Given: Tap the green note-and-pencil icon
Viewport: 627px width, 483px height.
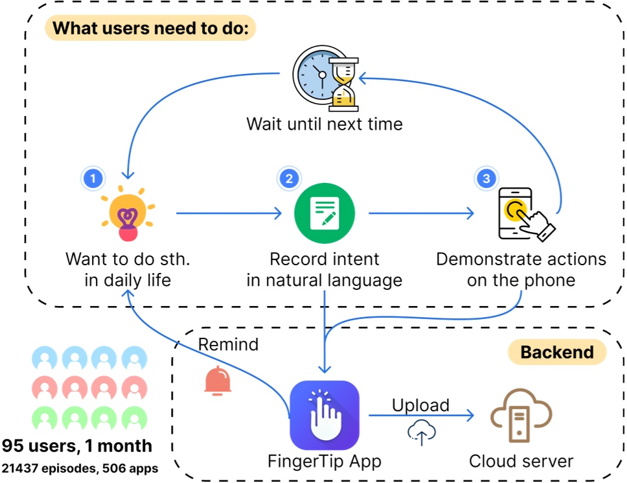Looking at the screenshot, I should point(325,212).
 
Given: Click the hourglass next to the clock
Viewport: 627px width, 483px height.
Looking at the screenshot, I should point(343,84).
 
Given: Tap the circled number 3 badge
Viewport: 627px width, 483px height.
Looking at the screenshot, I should point(484,177).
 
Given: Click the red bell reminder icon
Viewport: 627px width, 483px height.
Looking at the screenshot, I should point(218,382).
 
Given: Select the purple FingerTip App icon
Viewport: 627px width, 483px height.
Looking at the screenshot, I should point(324,415).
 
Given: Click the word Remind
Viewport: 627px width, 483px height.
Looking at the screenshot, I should point(228,344).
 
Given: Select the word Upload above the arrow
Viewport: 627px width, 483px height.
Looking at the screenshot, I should point(420,405).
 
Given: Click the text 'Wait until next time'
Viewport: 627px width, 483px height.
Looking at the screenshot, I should point(324,123).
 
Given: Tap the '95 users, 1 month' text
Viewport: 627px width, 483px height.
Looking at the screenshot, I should point(77,446).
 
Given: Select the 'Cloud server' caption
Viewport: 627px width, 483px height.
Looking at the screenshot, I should point(521,461).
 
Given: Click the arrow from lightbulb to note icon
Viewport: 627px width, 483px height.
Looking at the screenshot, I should point(230,212).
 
